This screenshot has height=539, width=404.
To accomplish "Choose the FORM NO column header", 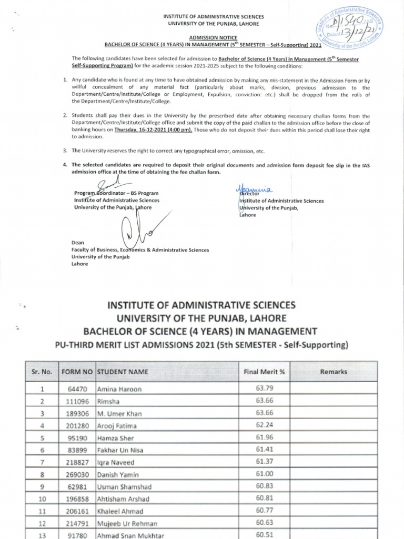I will click(x=77, y=372).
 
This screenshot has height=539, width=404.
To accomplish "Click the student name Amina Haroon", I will click(x=119, y=389).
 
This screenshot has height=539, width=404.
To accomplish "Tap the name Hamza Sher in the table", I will click(x=116, y=438).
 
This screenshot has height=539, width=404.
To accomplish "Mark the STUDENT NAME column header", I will click(x=123, y=372).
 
